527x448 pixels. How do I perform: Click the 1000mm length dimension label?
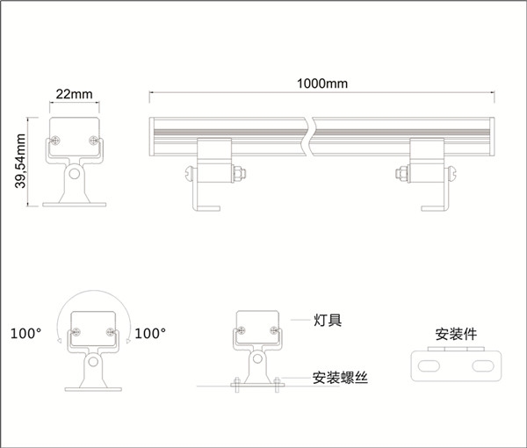pyautogui.click(x=322, y=83)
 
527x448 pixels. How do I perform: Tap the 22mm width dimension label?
pyautogui.click(x=75, y=94)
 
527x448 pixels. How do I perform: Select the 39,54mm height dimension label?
pyautogui.click(x=20, y=161)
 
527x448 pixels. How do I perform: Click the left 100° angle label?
pyautogui.click(x=25, y=334)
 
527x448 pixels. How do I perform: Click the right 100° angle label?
pyautogui.click(x=150, y=334)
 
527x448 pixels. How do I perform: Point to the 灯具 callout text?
pyautogui.click(x=328, y=320)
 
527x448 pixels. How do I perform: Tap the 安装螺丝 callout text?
pyautogui.click(x=340, y=378)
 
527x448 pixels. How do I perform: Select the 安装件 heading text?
pyautogui.click(x=456, y=334)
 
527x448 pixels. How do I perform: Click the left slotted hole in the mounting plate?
pyautogui.click(x=429, y=366)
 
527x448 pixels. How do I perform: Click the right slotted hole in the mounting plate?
pyautogui.click(x=483, y=366)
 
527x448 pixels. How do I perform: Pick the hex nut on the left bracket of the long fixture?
pyautogui.click(x=239, y=174)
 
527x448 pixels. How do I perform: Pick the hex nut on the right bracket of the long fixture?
pyautogui.click(x=402, y=174)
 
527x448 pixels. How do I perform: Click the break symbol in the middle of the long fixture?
pyautogui.click(x=309, y=137)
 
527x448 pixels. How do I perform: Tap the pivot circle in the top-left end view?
pyautogui.click(x=75, y=174)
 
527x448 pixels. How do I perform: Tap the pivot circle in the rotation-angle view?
pyautogui.click(x=93, y=362)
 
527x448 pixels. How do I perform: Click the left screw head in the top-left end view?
pyautogui.click(x=55, y=141)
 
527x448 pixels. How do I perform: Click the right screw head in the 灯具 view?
pyautogui.click(x=274, y=330)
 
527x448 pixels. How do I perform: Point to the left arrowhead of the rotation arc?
pyautogui.click(x=59, y=341)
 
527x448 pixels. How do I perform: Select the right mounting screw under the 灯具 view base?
pyautogui.click(x=277, y=385)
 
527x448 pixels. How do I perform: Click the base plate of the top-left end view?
pyautogui.click(x=75, y=205)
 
